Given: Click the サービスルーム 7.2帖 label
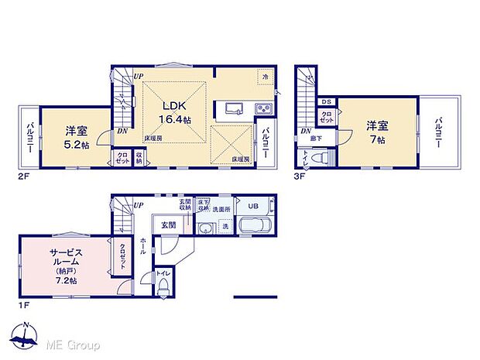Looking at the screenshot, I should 66,266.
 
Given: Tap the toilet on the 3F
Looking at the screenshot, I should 326,156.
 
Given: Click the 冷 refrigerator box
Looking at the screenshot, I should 265,77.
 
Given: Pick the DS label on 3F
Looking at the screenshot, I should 327,101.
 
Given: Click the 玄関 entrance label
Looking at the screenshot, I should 169,225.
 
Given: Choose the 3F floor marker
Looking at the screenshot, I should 299,175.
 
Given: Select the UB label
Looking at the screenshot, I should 254,206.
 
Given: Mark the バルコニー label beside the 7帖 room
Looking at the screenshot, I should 438,132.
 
